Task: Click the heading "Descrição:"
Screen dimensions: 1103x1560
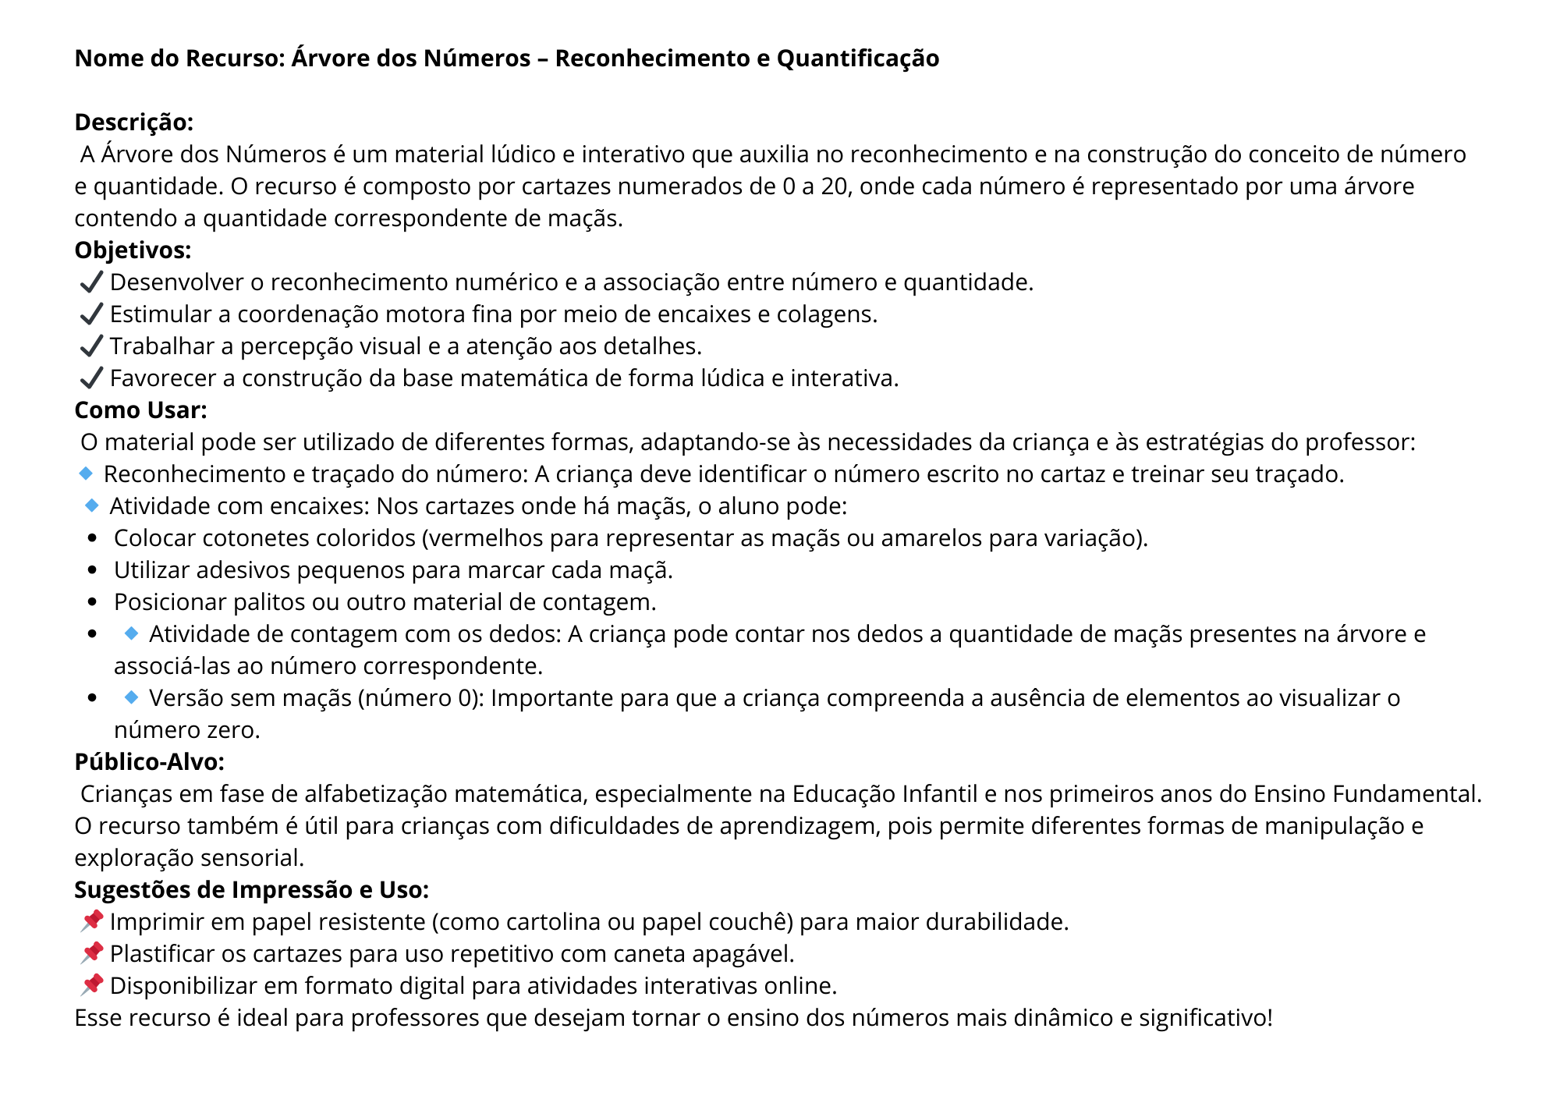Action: pyautogui.click(x=133, y=122)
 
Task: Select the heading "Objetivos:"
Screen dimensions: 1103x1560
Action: pyautogui.click(x=133, y=250)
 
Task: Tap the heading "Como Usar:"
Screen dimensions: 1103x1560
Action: pyautogui.click(x=140, y=410)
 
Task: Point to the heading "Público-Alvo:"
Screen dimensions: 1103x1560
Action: pyautogui.click(x=149, y=762)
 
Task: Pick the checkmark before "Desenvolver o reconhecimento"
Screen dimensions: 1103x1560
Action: pyautogui.click(x=91, y=282)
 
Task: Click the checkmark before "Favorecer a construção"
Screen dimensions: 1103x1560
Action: pyautogui.click(x=91, y=378)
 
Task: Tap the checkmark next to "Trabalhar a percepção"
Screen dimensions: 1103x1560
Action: pyautogui.click(x=91, y=346)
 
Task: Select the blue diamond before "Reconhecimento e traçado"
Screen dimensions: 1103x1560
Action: pyautogui.click(x=86, y=473)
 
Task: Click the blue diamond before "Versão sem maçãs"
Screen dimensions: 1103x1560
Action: pyautogui.click(x=131, y=697)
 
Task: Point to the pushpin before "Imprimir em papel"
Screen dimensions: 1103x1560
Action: pyautogui.click(x=91, y=921)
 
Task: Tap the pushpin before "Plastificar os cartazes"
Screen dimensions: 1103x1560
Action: pyautogui.click(x=91, y=953)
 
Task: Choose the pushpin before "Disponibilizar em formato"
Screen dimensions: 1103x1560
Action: pyautogui.click(x=91, y=985)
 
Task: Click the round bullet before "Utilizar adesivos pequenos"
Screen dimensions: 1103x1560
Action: pyautogui.click(x=93, y=571)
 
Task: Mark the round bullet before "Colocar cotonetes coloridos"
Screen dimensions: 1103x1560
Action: pyautogui.click(x=93, y=539)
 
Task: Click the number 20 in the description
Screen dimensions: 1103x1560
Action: pyautogui.click(x=834, y=186)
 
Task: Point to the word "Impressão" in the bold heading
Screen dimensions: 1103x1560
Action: pyautogui.click(x=291, y=890)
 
